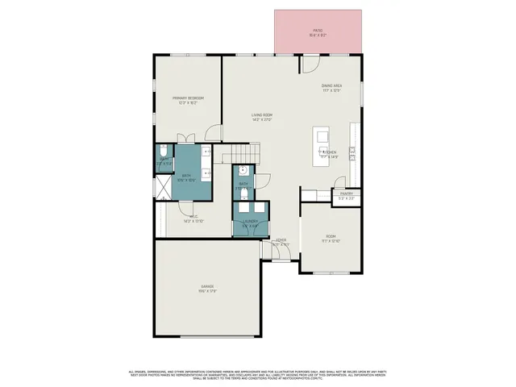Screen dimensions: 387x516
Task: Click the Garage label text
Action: pos(208,287)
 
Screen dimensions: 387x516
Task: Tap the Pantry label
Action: pos(347,193)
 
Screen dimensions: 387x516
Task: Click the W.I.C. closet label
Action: pos(193,216)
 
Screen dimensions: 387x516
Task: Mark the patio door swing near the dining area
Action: pos(310,63)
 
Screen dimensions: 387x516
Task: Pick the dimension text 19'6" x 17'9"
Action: pos(208,292)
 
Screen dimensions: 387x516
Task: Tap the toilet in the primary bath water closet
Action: pos(163,151)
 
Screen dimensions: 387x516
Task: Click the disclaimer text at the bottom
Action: pos(258,374)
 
